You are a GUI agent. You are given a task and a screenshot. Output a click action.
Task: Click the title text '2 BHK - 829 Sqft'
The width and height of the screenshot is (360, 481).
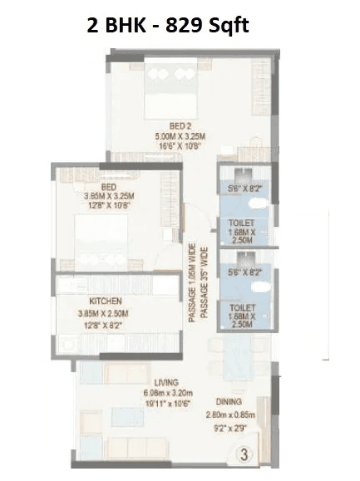(168, 24)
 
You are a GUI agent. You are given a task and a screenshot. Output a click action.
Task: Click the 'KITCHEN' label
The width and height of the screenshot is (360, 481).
(106, 301)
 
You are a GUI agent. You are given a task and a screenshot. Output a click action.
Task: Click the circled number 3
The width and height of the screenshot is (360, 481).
(244, 454)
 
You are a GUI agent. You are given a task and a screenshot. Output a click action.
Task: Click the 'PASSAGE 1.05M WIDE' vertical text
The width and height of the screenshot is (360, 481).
(192, 283)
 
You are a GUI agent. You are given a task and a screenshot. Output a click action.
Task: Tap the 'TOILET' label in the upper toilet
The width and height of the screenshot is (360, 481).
(242, 223)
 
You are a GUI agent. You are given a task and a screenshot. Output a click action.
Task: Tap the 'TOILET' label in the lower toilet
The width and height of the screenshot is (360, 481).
(242, 307)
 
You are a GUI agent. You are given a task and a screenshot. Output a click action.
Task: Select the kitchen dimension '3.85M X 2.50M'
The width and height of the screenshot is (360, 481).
(106, 314)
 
